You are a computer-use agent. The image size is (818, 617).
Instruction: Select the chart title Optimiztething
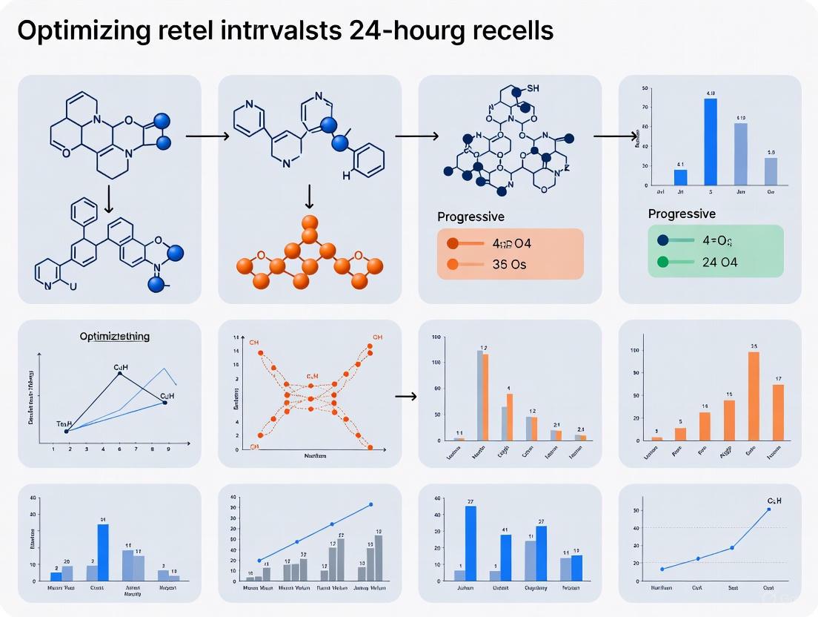114,336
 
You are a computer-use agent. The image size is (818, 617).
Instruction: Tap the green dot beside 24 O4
662,262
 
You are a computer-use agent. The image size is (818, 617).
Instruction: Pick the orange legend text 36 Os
509,263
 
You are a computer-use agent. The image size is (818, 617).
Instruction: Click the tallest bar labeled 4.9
710,141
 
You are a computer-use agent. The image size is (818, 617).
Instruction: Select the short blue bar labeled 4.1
680,176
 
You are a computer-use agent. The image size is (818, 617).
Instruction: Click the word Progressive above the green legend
682,214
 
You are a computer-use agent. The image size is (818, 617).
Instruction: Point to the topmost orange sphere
310,221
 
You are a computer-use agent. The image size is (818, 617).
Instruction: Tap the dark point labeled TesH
67,431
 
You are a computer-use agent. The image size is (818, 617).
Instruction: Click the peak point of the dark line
119,373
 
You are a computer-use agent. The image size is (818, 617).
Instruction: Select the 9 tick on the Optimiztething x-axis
167,449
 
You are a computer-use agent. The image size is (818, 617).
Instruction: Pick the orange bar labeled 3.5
754,396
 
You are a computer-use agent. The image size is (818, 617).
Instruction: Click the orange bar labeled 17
778,412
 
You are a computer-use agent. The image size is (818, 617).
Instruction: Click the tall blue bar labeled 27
470,543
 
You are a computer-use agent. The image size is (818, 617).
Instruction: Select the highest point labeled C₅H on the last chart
768,509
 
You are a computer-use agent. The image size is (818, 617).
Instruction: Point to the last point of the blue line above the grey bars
370,504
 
